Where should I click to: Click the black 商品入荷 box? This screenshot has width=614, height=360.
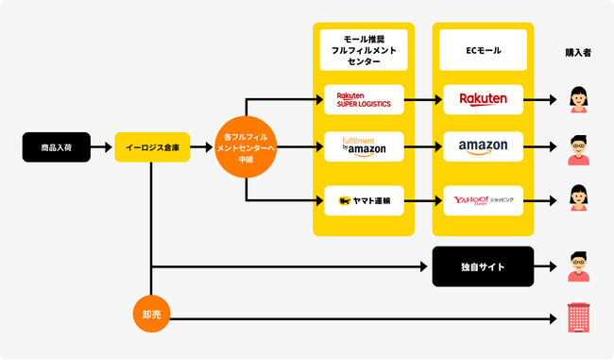pyautogui.click(x=57, y=147)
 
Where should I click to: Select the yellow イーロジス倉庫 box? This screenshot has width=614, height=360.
pyautogui.click(x=152, y=147)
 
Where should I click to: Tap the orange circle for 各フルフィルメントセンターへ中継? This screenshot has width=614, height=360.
pyautogui.click(x=246, y=147)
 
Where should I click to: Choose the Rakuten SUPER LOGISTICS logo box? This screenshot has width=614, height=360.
pyautogui.click(x=364, y=98)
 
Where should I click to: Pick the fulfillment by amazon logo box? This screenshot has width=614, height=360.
pyautogui.click(x=364, y=147)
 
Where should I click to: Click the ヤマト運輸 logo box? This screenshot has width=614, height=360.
pyautogui.click(x=364, y=199)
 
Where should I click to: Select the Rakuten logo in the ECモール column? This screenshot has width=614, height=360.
pyautogui.click(x=483, y=98)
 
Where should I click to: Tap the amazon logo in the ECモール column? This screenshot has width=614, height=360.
pyautogui.click(x=483, y=147)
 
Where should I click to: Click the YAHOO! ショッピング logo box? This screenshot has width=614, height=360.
pyautogui.click(x=483, y=199)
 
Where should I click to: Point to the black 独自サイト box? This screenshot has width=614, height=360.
pyautogui.click(x=483, y=267)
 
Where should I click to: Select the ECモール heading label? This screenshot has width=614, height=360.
pyautogui.click(x=483, y=49)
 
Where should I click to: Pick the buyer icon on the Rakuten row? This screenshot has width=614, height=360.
pyautogui.click(x=578, y=98)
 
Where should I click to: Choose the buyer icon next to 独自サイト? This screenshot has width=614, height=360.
pyautogui.click(x=578, y=267)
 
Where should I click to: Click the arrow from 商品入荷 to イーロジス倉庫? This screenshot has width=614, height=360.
pyautogui.click(x=102, y=147)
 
